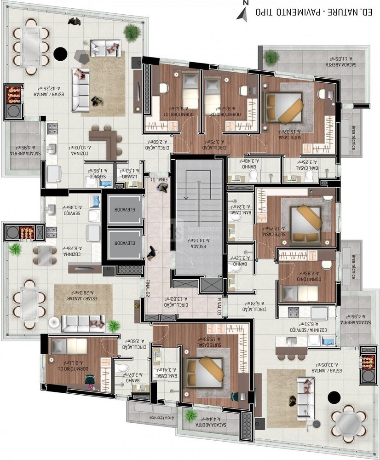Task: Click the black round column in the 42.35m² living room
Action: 60,54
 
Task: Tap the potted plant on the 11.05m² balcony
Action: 271,57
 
